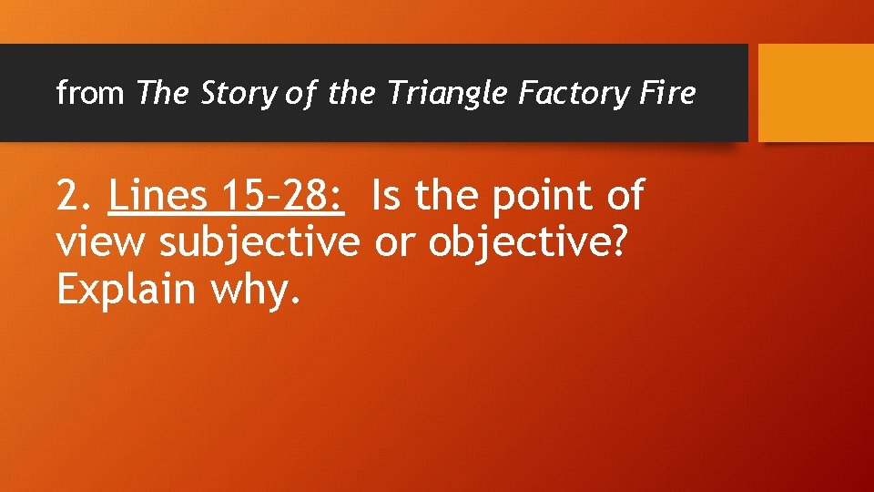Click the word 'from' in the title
(x=89, y=93)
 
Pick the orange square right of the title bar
(x=816, y=93)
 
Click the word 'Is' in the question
(x=386, y=196)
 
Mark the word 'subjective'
(x=260, y=244)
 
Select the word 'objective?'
(x=528, y=244)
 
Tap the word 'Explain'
(x=126, y=290)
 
